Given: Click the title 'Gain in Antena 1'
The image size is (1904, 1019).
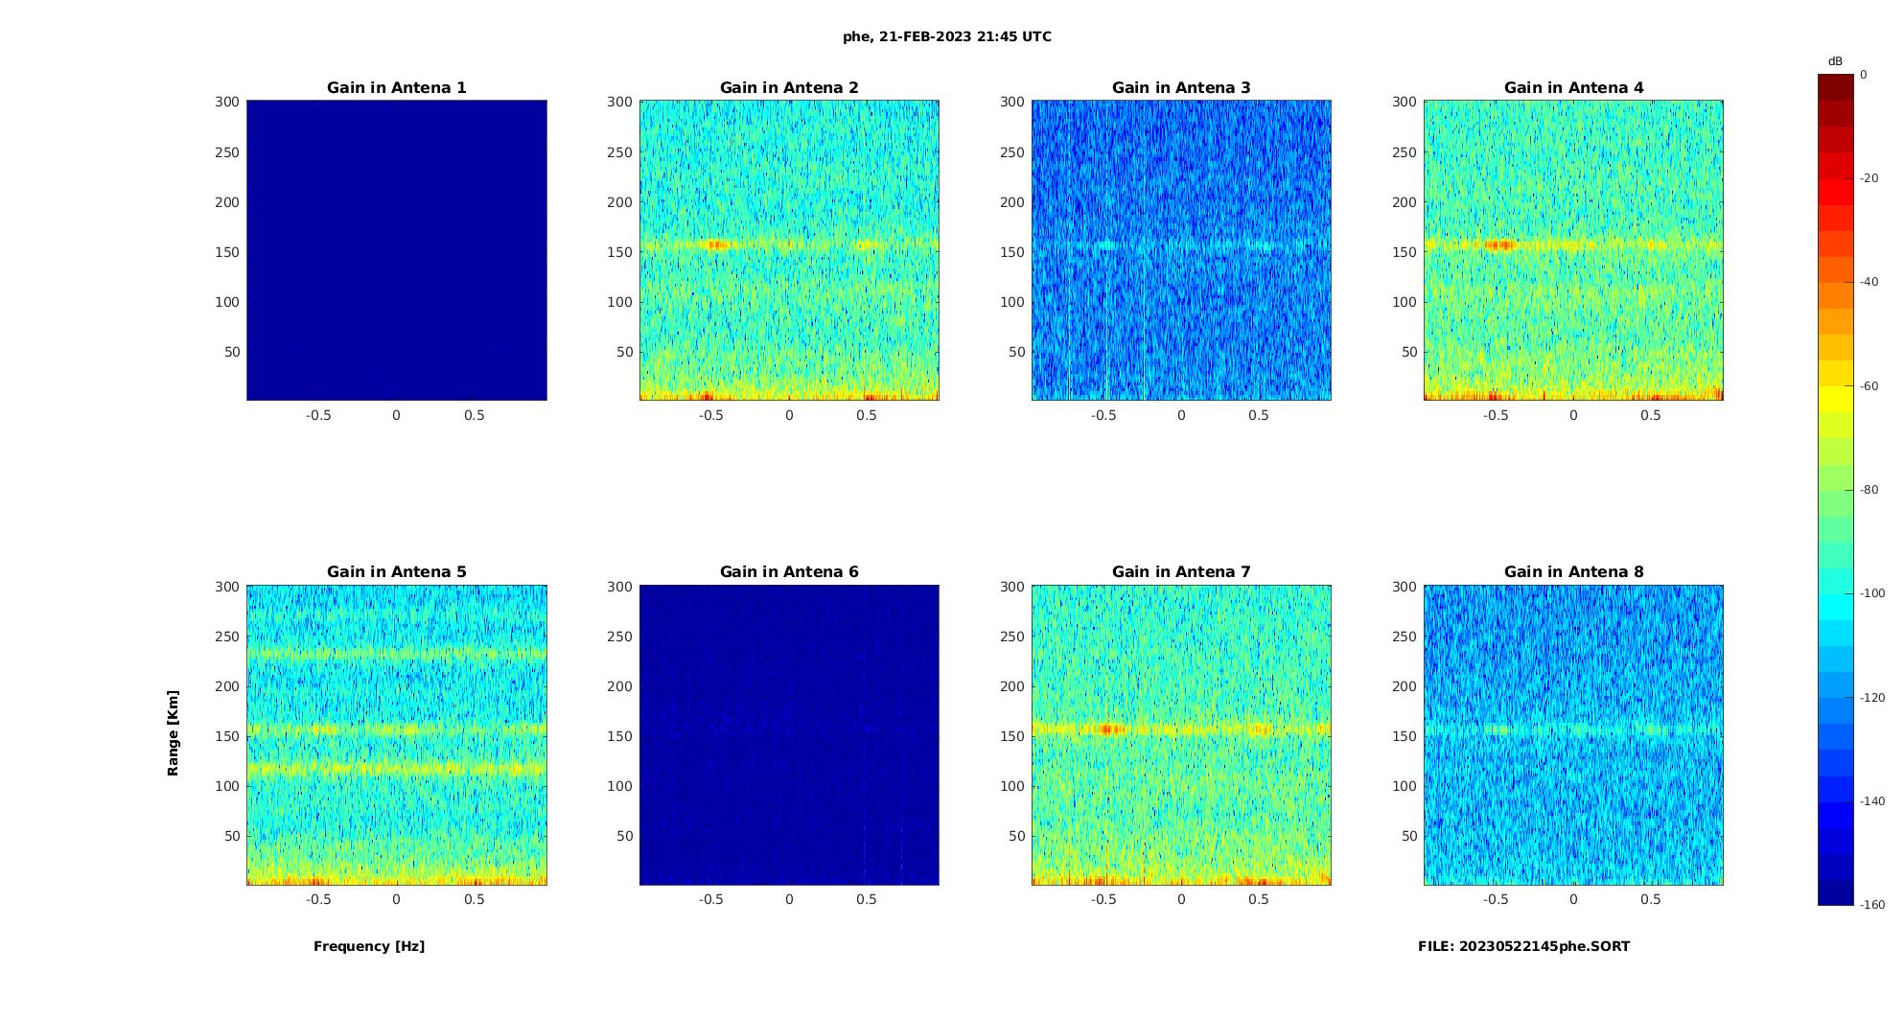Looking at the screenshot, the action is (x=397, y=87).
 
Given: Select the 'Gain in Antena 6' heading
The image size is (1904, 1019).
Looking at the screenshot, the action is (x=789, y=571).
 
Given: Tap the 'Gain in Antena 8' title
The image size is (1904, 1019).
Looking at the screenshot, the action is (x=1573, y=571).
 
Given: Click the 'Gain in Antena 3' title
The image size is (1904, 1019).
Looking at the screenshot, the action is (x=1181, y=87).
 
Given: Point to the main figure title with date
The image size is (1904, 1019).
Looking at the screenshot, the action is (x=947, y=36).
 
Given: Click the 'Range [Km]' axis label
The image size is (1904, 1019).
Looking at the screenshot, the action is (x=174, y=732).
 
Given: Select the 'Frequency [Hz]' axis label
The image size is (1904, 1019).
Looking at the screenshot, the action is (x=369, y=946).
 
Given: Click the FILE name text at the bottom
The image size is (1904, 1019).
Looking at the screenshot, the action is (x=1523, y=946).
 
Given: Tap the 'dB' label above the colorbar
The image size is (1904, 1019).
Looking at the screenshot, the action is (x=1835, y=61).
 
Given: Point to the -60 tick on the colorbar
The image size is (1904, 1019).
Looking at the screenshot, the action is (x=1869, y=386).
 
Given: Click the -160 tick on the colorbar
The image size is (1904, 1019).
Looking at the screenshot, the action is (x=1872, y=905).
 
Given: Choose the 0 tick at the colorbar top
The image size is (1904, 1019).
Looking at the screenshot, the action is (x=1864, y=75).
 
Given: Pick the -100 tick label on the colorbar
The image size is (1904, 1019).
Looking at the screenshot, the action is (x=1872, y=593).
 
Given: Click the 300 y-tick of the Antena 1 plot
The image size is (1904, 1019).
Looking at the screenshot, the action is (x=227, y=102).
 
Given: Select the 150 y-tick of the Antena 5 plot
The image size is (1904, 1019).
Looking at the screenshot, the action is (x=227, y=736).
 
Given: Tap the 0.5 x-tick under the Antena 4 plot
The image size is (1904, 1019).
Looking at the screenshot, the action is (x=1651, y=415).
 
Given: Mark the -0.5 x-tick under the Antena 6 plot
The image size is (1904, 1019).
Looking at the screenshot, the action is (x=710, y=899).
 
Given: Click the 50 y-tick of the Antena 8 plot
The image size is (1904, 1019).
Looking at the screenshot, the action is (x=1409, y=836).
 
